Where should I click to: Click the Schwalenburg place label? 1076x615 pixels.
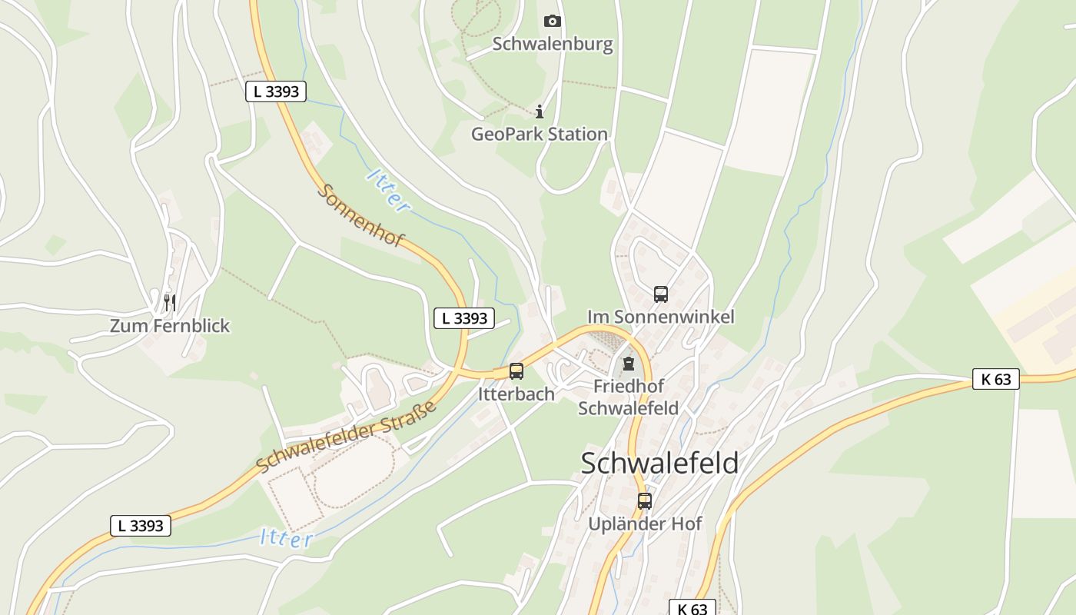[553, 44]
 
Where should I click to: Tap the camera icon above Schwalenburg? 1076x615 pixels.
[553, 21]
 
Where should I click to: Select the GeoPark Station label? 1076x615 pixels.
[539, 135]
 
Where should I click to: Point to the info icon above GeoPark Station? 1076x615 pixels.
[540, 112]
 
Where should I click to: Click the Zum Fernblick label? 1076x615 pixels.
[170, 326]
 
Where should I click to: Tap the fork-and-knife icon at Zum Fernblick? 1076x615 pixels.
[170, 302]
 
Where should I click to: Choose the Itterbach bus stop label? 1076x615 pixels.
[516, 394]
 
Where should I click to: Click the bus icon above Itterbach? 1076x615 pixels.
[516, 371]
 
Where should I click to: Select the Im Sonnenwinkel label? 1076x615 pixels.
[661, 317]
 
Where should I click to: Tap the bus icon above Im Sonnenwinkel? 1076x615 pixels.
[661, 294]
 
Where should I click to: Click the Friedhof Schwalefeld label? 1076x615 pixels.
[628, 397]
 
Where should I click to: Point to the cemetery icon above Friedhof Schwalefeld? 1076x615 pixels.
[629, 364]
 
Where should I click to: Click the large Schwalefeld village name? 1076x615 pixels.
[659, 464]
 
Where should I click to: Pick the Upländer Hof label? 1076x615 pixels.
[645, 524]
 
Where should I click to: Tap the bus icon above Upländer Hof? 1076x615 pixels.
[645, 501]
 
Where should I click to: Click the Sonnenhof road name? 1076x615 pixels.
[360, 216]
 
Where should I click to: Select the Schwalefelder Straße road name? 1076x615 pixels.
[347, 436]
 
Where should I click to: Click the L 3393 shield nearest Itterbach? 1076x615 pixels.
[464, 317]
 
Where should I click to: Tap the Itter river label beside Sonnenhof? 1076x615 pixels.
[389, 190]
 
